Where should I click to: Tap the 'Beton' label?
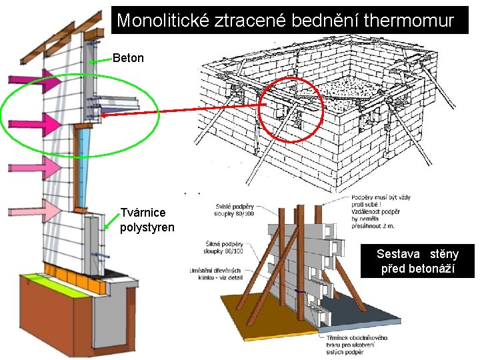(128, 58)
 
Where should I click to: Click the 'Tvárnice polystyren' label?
(147, 221)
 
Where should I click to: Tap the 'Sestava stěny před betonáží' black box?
(417, 261)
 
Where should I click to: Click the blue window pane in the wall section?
(85, 167)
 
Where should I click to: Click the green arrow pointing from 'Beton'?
(100, 61)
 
